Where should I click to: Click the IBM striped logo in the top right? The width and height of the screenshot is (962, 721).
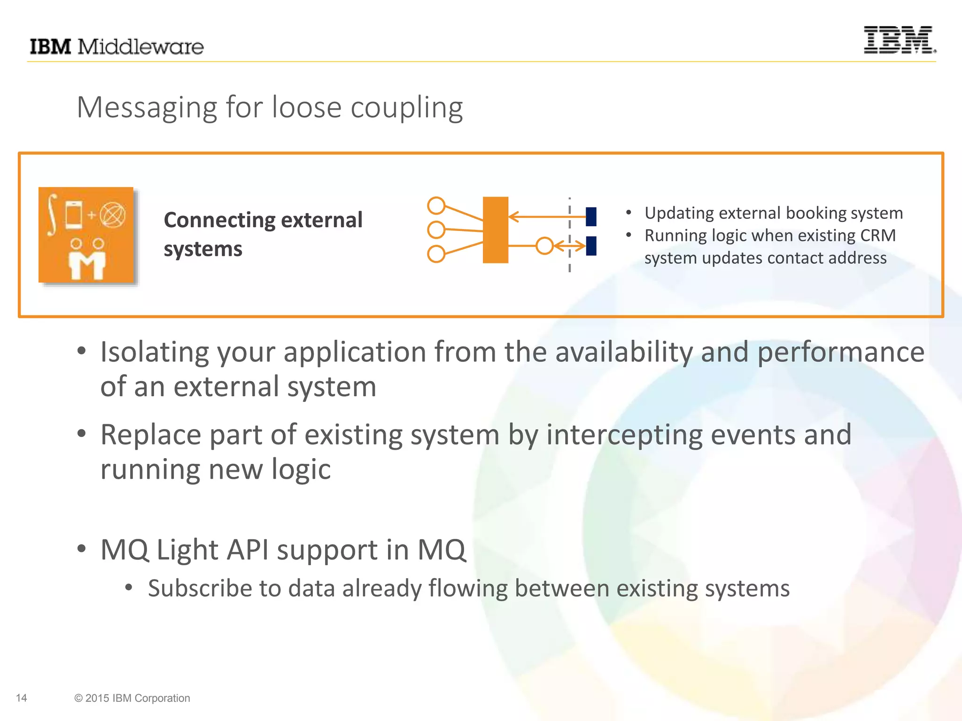point(899,40)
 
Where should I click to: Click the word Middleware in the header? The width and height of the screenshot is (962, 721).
point(140,47)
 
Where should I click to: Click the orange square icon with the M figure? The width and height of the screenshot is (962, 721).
point(86,235)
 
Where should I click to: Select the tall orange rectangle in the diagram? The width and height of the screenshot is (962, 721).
point(496,230)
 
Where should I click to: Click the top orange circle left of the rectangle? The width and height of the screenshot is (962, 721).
point(436,206)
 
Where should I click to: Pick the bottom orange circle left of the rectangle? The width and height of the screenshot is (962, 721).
point(436,254)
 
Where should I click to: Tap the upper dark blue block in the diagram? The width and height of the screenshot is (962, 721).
point(591,216)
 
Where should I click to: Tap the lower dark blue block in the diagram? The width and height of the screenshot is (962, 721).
point(591,245)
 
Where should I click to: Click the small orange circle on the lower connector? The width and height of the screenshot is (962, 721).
point(544,245)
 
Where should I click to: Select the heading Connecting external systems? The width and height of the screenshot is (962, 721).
point(263,234)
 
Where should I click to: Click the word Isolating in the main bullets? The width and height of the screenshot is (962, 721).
point(155,352)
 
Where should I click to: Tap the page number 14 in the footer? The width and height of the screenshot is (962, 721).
point(21,698)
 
